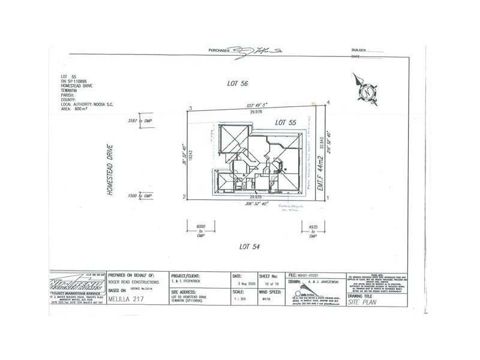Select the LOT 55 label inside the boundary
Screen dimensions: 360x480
point(286,122)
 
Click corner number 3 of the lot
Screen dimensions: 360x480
point(190,108)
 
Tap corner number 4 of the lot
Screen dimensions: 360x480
point(329,102)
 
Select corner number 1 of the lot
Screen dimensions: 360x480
point(328,196)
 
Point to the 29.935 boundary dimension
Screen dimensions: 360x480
point(258,196)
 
